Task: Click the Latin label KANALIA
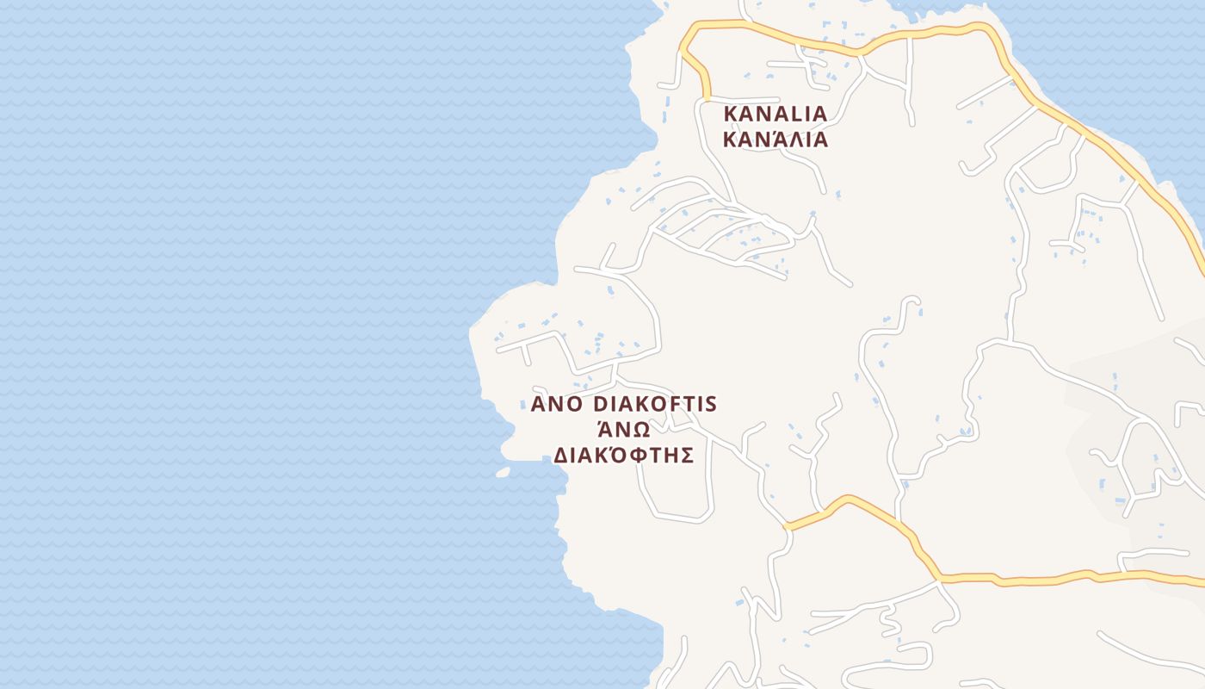775,114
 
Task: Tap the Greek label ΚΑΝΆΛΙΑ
775,140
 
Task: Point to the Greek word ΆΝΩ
623,429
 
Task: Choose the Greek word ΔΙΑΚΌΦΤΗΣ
623,455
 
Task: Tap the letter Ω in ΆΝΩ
640,430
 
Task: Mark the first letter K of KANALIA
732,114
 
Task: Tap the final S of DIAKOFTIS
711,405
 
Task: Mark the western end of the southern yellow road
787,526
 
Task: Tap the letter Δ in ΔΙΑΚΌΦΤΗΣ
560,456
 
